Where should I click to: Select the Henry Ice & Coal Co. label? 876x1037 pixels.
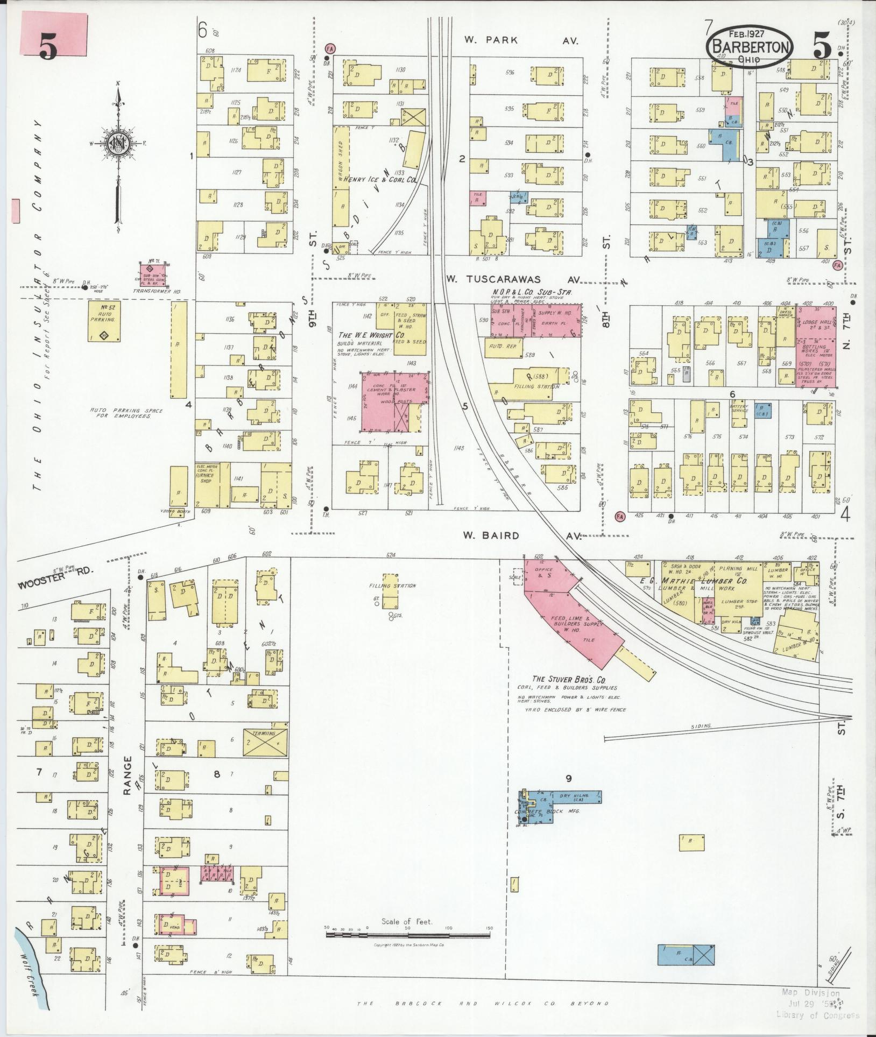[380, 180]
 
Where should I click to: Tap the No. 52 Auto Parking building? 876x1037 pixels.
[104, 321]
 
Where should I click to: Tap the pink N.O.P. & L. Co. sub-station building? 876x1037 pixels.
[535, 320]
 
